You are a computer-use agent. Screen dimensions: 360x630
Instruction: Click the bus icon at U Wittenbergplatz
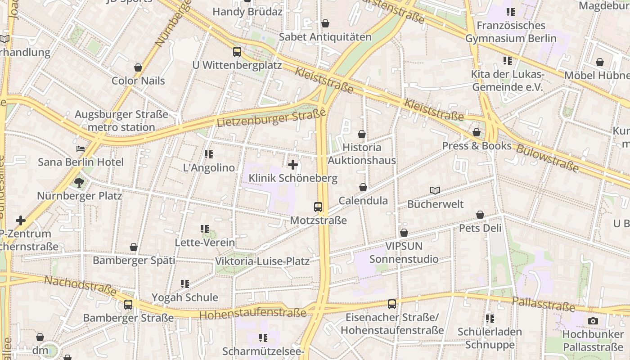237,52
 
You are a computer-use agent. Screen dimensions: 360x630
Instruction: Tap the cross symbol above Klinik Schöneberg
293,165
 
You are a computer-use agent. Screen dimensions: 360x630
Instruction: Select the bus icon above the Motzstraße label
318,207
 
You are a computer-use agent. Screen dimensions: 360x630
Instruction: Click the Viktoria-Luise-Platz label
262,261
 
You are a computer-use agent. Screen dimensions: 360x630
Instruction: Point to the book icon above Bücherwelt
435,191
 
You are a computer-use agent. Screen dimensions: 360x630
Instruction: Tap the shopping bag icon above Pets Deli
480,215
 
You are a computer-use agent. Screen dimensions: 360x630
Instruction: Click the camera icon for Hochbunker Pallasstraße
593,321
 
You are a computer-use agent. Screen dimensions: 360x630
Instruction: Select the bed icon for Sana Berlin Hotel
81,149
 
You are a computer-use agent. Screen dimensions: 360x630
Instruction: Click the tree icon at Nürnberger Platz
79,182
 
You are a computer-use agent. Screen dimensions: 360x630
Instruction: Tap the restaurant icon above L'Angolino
208,154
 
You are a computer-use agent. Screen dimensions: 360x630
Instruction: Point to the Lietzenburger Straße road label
271,118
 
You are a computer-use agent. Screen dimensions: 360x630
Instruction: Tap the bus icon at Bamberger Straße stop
128,305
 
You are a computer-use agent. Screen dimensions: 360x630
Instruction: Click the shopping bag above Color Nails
138,67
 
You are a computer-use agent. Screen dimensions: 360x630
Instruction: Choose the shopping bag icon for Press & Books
477,132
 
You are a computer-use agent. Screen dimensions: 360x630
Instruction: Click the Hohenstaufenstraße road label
252,314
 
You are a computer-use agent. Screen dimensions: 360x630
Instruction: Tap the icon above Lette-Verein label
205,229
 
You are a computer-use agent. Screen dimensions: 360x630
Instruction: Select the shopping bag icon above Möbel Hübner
600,62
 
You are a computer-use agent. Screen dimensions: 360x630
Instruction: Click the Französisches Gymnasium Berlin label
511,32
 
